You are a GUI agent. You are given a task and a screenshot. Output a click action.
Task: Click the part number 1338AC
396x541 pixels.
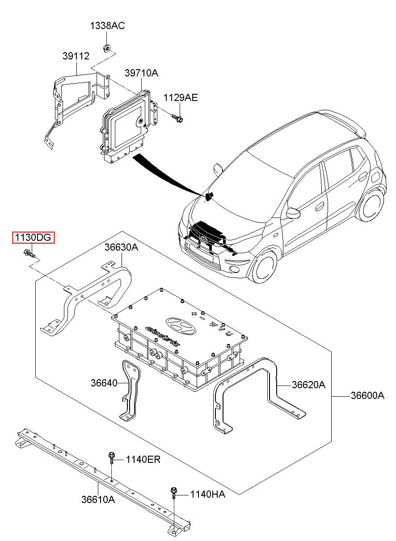point(108,25)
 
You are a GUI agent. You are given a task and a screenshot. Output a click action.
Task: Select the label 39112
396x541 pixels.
point(76,56)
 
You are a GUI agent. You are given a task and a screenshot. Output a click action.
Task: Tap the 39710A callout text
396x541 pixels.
point(141,73)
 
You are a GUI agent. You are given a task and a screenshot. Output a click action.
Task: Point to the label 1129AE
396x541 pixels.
point(181,97)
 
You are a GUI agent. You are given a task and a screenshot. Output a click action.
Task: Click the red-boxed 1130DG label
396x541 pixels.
point(34,237)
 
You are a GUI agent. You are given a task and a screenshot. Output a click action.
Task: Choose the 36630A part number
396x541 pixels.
point(121,247)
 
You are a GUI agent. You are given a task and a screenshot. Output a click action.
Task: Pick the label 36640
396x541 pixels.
point(104,383)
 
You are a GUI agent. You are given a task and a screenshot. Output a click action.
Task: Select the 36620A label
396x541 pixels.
point(308,385)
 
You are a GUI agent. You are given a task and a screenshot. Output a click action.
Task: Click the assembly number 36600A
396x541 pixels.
point(367,396)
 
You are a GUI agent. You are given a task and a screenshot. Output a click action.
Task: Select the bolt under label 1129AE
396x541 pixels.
point(177,118)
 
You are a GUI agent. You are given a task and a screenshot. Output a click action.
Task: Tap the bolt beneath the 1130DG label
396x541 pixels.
point(29,253)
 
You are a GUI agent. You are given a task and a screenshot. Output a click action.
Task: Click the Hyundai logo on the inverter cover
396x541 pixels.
point(181,325)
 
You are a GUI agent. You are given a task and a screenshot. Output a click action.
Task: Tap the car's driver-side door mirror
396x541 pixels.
point(293,212)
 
